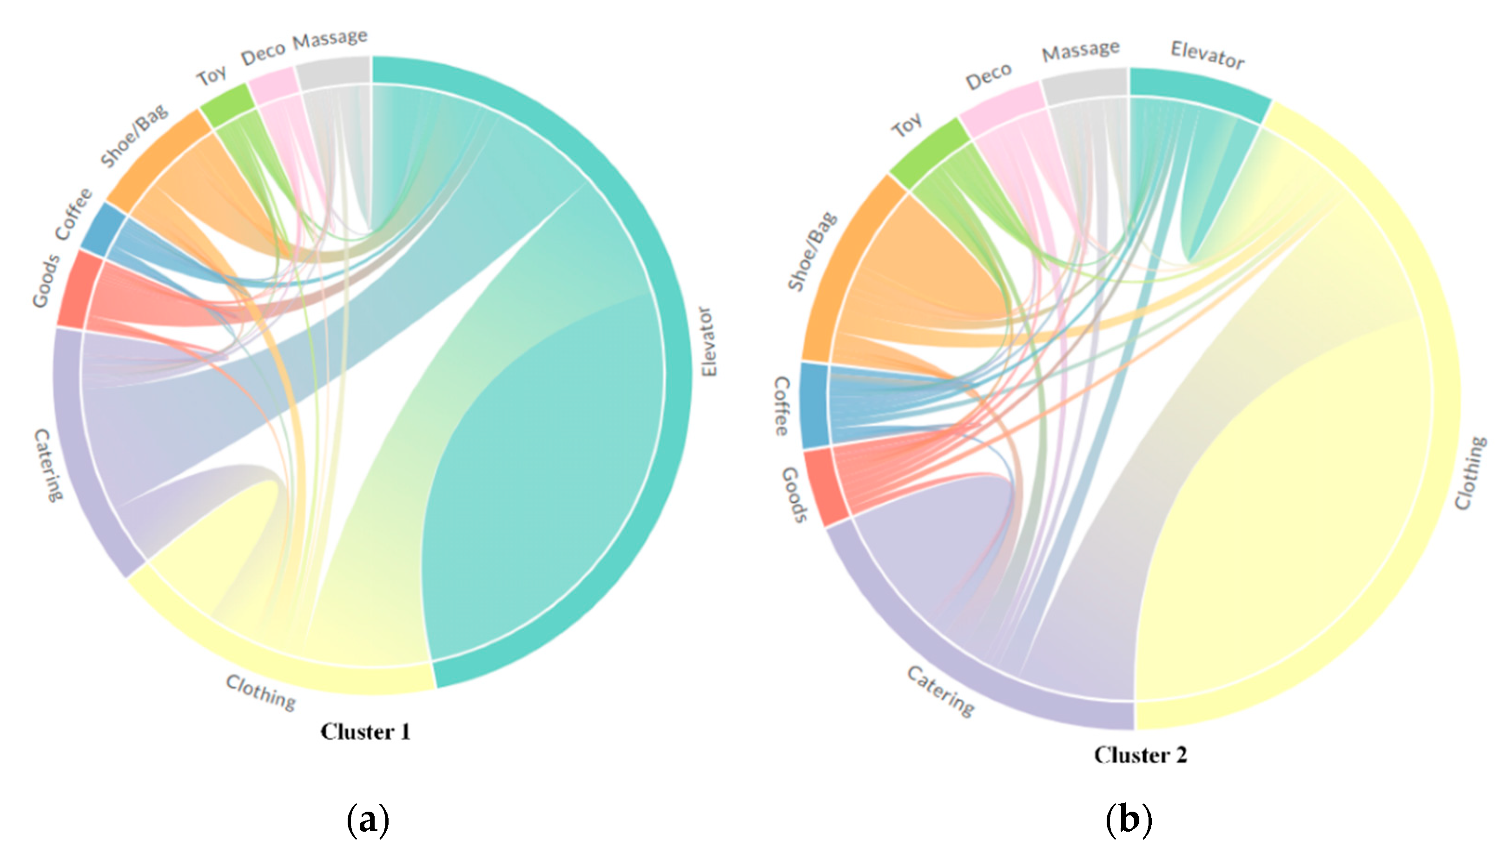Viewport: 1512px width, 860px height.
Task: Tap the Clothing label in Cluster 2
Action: pyautogui.click(x=1471, y=473)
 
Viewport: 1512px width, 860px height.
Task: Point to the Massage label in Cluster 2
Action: pyautogui.click(x=1080, y=51)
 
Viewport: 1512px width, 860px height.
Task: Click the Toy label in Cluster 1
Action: pyautogui.click(x=211, y=75)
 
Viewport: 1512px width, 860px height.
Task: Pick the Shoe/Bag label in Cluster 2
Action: pyautogui.click(x=812, y=251)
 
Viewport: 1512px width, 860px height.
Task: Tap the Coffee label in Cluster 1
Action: pyautogui.click(x=74, y=214)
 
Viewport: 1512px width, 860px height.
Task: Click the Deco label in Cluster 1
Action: pyautogui.click(x=263, y=54)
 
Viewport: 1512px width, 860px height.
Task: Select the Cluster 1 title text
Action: pyautogui.click(x=365, y=732)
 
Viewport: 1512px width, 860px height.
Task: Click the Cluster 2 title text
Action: pyautogui.click(x=1140, y=755)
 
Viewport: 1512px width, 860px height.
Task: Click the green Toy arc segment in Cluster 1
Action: pyautogui.click(x=227, y=105)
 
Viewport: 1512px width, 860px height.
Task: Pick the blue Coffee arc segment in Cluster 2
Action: pyautogui.click(x=815, y=405)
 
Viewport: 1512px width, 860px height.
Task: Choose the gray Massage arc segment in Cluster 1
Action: pyautogui.click(x=334, y=72)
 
